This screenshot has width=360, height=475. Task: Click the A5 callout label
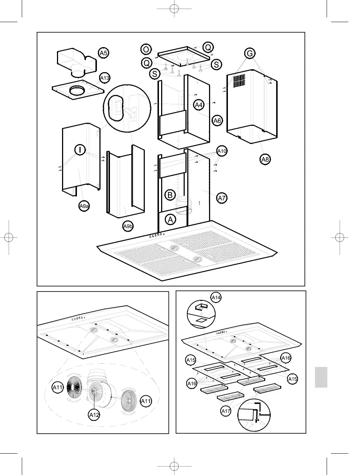point(104,53)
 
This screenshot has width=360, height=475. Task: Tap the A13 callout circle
point(105,78)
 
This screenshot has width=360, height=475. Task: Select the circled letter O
point(146,49)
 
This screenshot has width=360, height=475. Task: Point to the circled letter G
point(250,54)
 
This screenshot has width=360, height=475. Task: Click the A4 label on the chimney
point(199,105)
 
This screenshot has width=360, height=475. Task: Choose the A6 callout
point(217,121)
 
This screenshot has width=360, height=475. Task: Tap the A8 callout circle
point(265,159)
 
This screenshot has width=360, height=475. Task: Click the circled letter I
point(80,149)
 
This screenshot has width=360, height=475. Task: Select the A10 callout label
point(222,151)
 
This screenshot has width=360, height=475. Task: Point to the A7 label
point(222,198)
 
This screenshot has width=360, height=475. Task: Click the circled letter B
point(170,195)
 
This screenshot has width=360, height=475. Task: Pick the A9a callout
point(84,206)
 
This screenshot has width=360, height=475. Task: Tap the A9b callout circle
point(128,227)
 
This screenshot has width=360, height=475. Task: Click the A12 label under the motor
point(94,415)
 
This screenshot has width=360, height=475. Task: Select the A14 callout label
point(216,298)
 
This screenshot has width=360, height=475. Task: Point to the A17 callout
point(226,411)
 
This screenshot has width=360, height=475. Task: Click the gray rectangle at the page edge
point(321,377)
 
